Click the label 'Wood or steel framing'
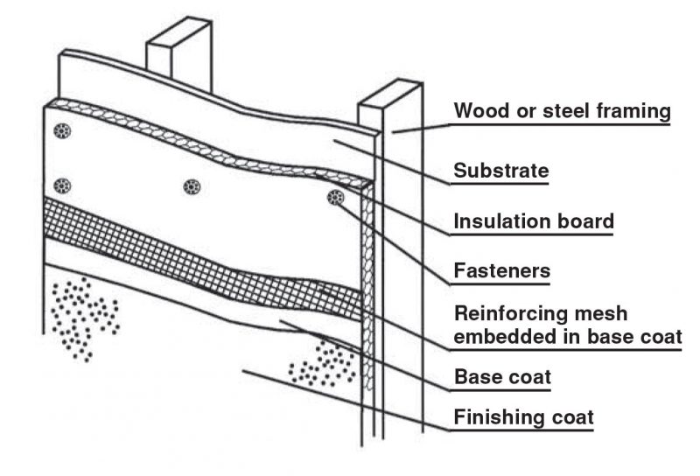click(562, 112)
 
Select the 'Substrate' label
click(500, 170)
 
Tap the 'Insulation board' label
click(533, 221)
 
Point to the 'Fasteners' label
click(501, 271)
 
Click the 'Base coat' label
click(501, 378)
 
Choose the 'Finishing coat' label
click(523, 417)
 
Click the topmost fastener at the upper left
click(62, 132)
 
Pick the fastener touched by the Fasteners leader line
click(335, 198)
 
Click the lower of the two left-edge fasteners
click(61, 185)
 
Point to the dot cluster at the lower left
click(83, 315)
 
